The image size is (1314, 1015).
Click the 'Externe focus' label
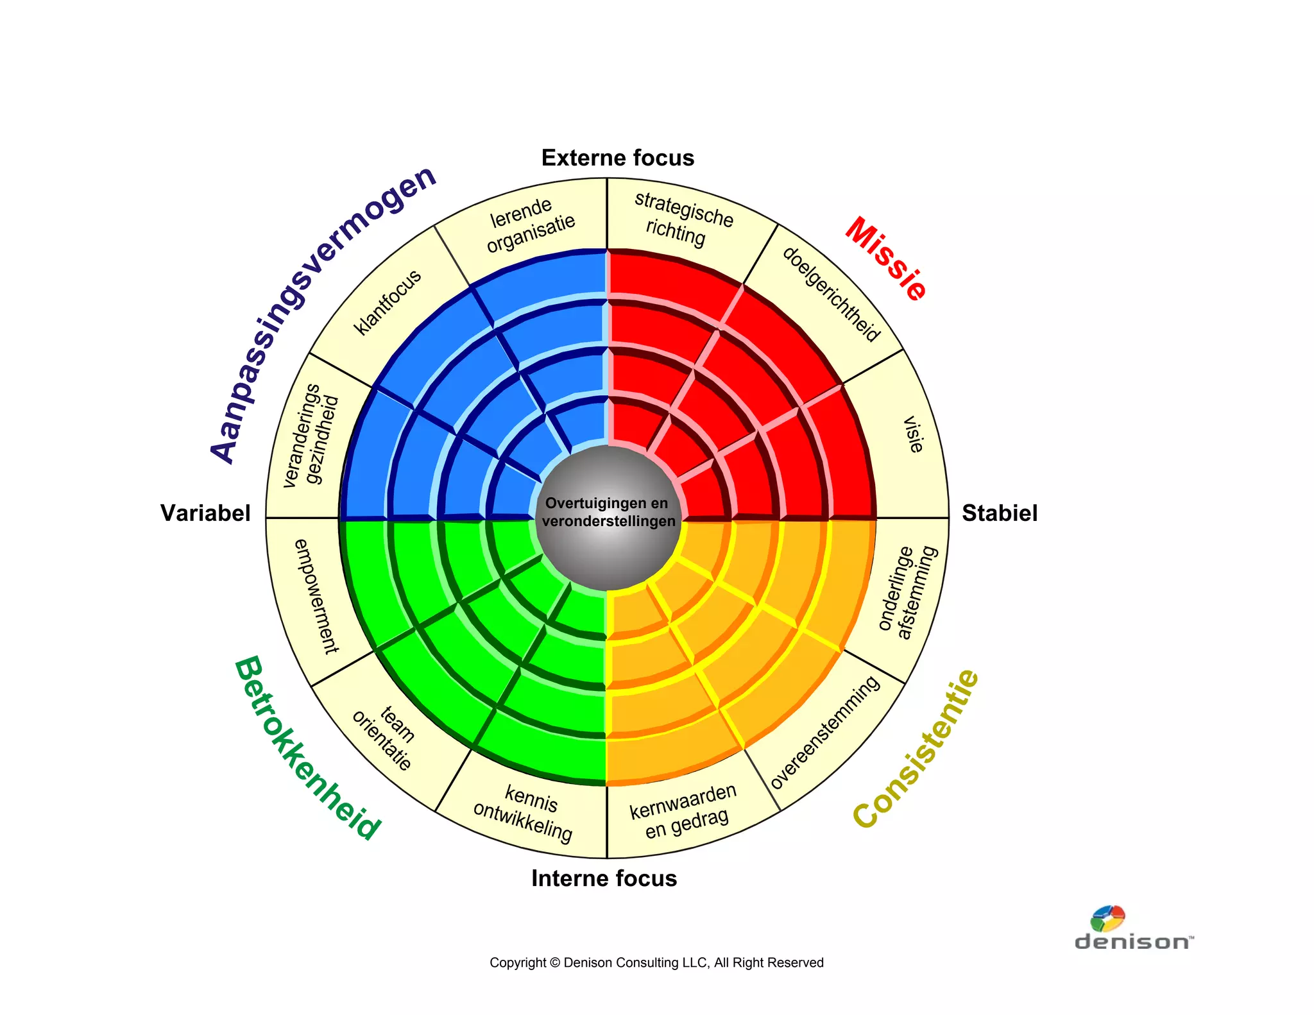pos(617,158)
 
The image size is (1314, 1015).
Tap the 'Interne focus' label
pos(604,878)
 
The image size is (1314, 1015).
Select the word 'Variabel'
pos(205,513)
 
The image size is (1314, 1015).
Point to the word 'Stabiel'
pos(999,513)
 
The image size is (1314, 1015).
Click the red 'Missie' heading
pos(886,259)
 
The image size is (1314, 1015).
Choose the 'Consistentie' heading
pos(916,748)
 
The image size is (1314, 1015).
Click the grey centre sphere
pos(608,517)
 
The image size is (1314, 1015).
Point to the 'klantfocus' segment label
pos(388,302)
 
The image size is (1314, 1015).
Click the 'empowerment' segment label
pos(316,596)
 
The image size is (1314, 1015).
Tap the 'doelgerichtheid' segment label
pos(832,294)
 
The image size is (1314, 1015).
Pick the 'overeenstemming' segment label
pos(825,732)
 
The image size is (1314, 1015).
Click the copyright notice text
pos(656,962)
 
